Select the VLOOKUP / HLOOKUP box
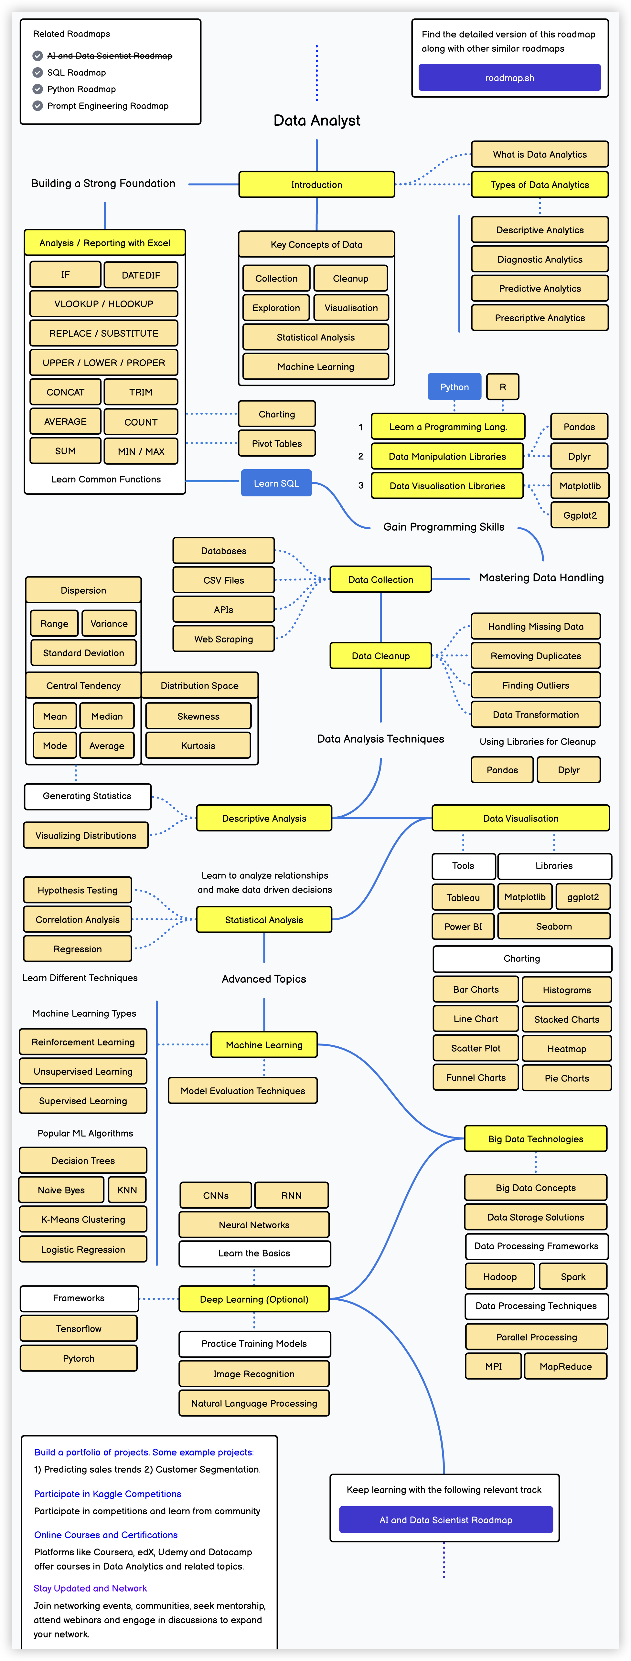coord(104,304)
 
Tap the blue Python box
coord(454,387)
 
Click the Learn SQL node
coord(276,483)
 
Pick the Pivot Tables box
coord(277,444)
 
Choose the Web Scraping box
coord(223,639)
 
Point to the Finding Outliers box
coord(536,685)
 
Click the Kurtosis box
coord(198,746)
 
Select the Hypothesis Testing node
coord(78,890)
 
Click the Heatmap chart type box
coord(566,1048)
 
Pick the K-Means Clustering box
coord(83,1219)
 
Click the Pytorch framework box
coord(79,1358)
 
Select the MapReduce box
coord(565,1366)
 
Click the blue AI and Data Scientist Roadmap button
coord(446,1520)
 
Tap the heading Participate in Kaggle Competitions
coord(108,1494)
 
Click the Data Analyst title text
coord(317,121)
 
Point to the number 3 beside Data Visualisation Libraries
coord(361,485)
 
